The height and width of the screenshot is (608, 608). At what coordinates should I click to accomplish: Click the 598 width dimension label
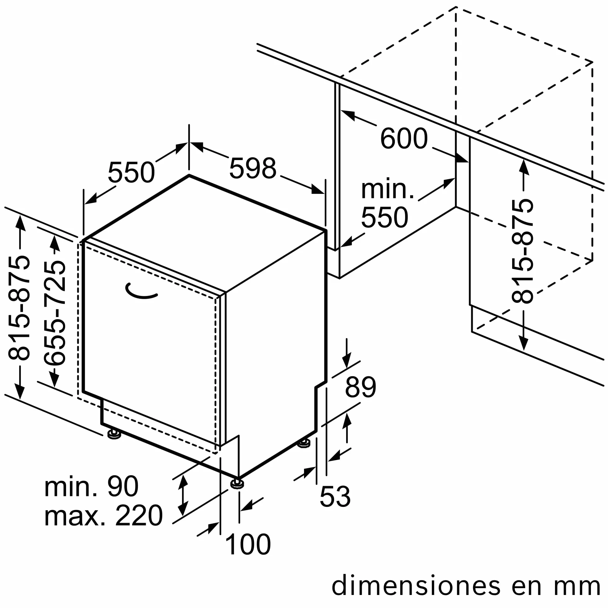point(253,169)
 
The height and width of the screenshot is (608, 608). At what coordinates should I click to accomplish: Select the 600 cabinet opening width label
point(404,138)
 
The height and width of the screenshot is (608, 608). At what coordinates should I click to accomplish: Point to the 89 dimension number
point(360,387)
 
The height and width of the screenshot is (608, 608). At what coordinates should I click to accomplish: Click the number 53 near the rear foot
point(335,496)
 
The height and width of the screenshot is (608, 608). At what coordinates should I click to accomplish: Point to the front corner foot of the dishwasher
point(237,484)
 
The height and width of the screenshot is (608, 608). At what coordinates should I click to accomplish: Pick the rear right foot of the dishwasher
point(304,443)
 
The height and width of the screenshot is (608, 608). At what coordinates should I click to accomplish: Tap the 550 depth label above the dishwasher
point(131,172)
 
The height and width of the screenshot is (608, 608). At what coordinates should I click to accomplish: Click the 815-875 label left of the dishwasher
point(19,308)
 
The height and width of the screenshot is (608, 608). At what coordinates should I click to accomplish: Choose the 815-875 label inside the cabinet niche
point(522,252)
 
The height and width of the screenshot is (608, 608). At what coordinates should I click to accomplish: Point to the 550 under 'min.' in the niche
point(385,217)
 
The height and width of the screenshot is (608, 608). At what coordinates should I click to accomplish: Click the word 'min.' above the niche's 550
point(387,190)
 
